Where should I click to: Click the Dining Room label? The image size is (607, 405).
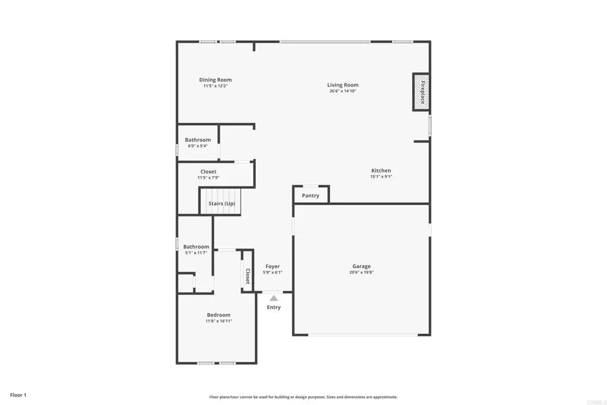[x=215, y=80]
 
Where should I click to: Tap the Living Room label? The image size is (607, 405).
[x=343, y=85]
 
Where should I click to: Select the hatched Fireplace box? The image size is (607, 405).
[x=421, y=92]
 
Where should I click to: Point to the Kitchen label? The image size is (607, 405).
[x=381, y=170]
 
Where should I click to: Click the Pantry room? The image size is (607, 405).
[x=311, y=194]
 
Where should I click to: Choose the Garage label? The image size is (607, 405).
[x=361, y=266]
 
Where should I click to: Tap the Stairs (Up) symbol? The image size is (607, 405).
[x=220, y=201]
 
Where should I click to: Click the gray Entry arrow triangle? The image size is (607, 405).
[x=274, y=298]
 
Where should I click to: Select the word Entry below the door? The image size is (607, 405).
[x=274, y=307]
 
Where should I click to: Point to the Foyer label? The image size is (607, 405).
[x=273, y=266]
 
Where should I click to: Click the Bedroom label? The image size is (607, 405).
[x=218, y=315]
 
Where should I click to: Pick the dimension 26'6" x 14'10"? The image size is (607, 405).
[x=343, y=91]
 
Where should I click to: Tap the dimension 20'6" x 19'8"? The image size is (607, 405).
[x=361, y=272]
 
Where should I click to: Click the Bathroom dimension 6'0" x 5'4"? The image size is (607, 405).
[x=197, y=146]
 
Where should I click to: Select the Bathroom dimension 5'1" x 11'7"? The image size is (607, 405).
[x=196, y=253]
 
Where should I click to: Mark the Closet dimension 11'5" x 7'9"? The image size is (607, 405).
[x=208, y=178]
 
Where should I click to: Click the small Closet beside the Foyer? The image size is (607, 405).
[x=247, y=271]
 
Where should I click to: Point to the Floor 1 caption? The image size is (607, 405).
[x=18, y=395]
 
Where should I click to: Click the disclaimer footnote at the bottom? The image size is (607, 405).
[x=303, y=397]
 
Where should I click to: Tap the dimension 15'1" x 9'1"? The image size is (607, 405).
[x=381, y=177]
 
